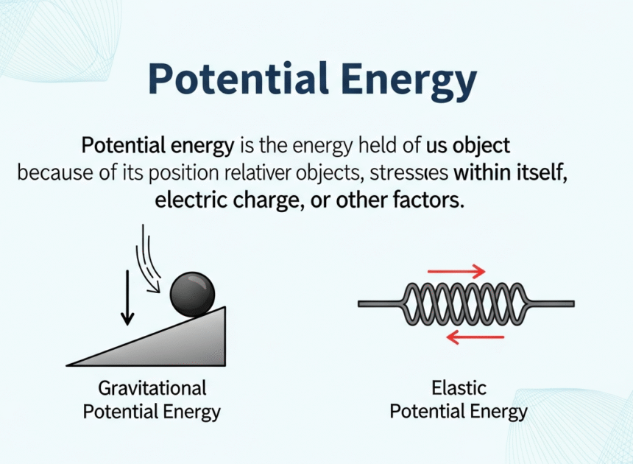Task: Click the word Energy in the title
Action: point(404,80)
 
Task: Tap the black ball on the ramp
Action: point(192,293)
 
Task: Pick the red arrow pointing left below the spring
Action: point(475,337)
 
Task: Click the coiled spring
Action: point(464,303)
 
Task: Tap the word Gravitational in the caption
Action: point(152,387)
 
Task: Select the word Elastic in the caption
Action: point(459,387)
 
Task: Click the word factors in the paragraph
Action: point(430,200)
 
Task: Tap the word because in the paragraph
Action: point(50,174)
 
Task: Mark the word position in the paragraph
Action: point(216,174)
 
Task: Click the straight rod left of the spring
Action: point(380,303)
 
